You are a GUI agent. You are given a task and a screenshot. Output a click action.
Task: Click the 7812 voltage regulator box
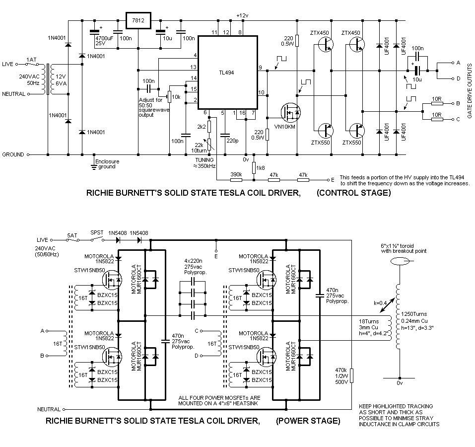tap(138, 20)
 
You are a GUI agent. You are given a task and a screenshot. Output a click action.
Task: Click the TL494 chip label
tap(227, 73)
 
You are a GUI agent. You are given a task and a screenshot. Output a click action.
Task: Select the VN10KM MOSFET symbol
tap(290, 113)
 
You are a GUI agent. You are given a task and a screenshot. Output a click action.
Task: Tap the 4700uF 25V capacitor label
tap(105, 41)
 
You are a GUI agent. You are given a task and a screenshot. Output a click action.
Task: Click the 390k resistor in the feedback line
tap(236, 180)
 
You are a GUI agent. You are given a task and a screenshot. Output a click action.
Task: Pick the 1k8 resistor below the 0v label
tap(254, 167)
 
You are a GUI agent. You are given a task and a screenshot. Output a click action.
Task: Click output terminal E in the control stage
tap(329, 180)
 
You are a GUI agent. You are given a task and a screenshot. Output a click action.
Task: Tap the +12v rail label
tap(242, 15)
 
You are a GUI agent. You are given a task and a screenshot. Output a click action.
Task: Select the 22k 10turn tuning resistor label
tap(199, 148)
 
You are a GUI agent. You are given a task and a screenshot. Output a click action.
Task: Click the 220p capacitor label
tap(232, 141)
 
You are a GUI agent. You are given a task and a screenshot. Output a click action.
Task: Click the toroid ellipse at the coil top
tap(400, 261)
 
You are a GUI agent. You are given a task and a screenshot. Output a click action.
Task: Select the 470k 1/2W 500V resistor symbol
tap(351, 376)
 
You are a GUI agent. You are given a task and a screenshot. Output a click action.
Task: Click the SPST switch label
tap(97, 233)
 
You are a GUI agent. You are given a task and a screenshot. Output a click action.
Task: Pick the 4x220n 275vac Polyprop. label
tap(196, 267)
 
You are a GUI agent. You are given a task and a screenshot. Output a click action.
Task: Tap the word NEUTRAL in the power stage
tap(49, 409)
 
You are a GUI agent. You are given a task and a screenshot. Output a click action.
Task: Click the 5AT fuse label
tap(72, 235)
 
